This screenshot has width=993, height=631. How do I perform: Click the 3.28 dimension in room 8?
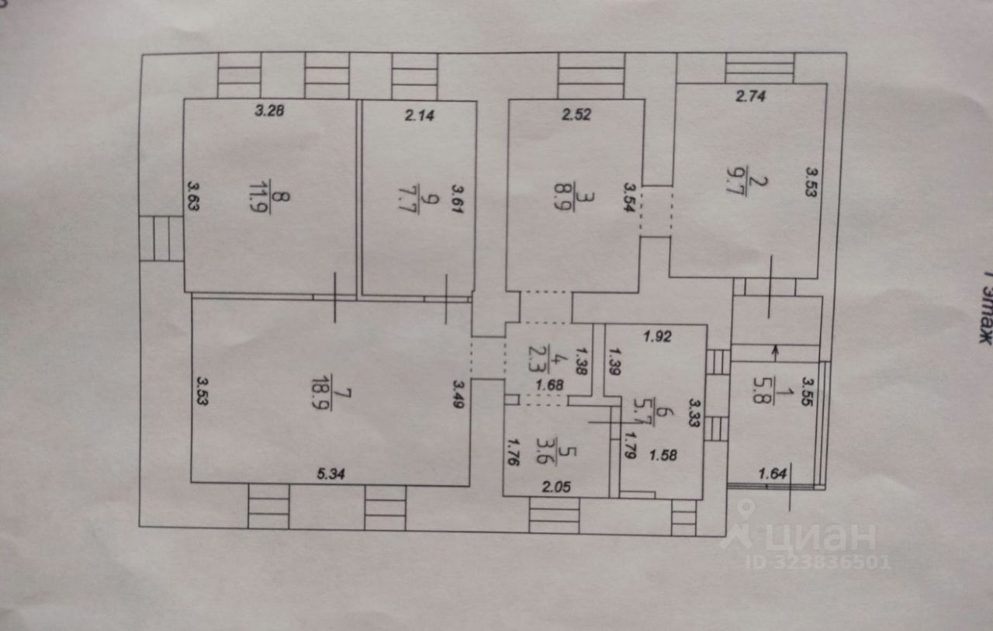(x=269, y=110)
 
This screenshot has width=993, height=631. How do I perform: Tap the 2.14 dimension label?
(x=420, y=116)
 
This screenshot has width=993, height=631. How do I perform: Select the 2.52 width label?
(x=576, y=115)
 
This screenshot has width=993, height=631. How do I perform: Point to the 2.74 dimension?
(x=750, y=96)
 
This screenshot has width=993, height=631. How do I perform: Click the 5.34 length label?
(x=330, y=474)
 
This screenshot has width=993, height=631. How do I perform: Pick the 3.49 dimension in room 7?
(x=458, y=394)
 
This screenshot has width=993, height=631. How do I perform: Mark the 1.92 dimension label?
(x=657, y=337)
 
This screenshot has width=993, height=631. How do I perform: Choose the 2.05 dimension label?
(x=556, y=487)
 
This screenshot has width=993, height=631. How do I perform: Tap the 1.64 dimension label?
(x=772, y=474)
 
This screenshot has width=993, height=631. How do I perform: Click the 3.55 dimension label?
(x=808, y=391)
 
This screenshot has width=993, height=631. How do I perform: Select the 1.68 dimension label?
(x=549, y=385)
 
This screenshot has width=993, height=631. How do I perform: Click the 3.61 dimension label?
(x=458, y=199)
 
